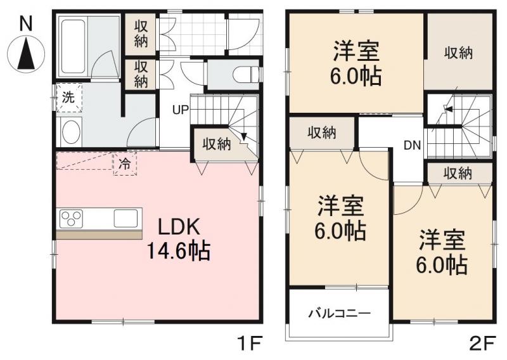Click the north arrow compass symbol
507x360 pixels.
point(26,52)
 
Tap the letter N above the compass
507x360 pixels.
point(26,23)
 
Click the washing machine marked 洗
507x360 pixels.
point(68,99)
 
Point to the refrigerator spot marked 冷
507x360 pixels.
point(125,164)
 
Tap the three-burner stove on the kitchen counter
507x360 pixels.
point(71,219)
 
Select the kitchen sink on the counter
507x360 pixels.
point(125,219)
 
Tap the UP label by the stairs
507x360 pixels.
point(181,110)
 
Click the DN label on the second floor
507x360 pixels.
point(412,145)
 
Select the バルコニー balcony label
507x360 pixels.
point(339,313)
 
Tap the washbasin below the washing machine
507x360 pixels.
point(70,132)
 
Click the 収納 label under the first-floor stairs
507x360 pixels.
point(217,144)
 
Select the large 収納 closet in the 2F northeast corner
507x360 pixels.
point(458,54)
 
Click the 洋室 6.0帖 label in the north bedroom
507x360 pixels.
point(355,63)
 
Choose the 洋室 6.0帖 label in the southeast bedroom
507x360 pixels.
point(442,252)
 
